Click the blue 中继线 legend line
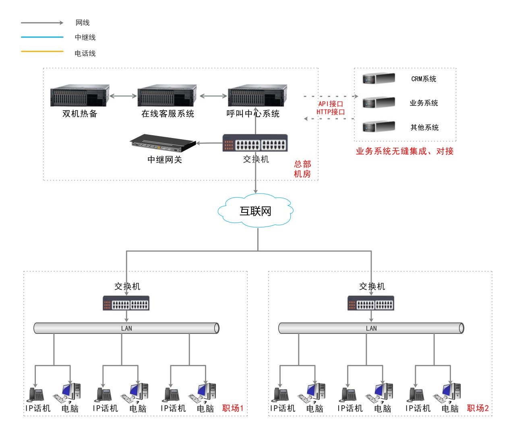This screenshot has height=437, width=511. click(x=42, y=37)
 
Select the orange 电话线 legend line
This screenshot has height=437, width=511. click(x=42, y=52)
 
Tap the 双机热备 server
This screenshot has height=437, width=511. click(x=80, y=96)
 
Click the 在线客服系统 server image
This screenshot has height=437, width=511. click(x=167, y=96)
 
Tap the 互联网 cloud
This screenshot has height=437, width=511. click(x=256, y=211)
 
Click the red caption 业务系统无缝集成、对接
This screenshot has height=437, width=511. click(x=405, y=152)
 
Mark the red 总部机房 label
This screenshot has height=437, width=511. click(x=302, y=169)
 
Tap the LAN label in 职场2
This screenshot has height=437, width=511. click(x=371, y=328)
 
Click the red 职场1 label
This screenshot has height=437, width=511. click(x=233, y=408)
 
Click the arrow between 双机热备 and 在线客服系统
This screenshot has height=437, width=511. click(x=123, y=96)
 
